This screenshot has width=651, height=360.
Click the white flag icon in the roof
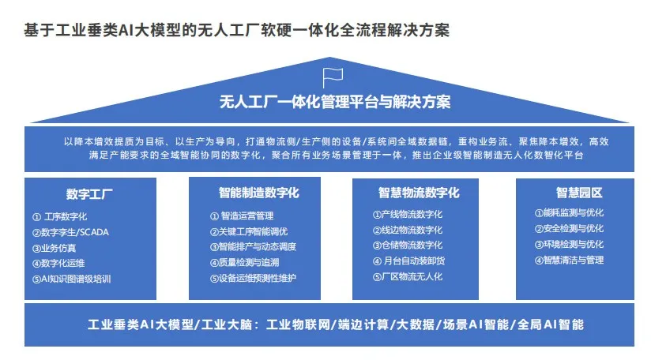[x=333, y=78]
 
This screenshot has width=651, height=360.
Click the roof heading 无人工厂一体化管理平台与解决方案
[x=335, y=102]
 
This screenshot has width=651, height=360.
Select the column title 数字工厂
[x=89, y=193]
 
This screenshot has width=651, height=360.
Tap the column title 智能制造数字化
[x=259, y=193]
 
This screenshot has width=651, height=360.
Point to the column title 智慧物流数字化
[x=419, y=193]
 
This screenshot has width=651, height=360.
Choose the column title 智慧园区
[x=579, y=193]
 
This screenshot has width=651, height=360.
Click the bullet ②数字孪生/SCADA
[x=70, y=232]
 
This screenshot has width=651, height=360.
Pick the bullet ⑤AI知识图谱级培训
[x=71, y=279]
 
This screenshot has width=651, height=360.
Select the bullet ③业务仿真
[x=54, y=248]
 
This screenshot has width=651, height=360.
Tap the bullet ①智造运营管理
[x=242, y=216]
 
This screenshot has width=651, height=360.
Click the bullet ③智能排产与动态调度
[x=253, y=247]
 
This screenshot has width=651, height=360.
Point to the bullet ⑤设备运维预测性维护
[x=253, y=279]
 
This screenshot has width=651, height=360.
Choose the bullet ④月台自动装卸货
[x=408, y=261]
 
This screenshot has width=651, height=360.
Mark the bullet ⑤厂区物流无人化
[x=408, y=276]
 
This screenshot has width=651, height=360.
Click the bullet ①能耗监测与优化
[x=569, y=213]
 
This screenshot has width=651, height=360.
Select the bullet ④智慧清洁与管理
[x=569, y=260]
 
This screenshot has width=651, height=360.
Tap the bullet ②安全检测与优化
[x=569, y=228]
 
